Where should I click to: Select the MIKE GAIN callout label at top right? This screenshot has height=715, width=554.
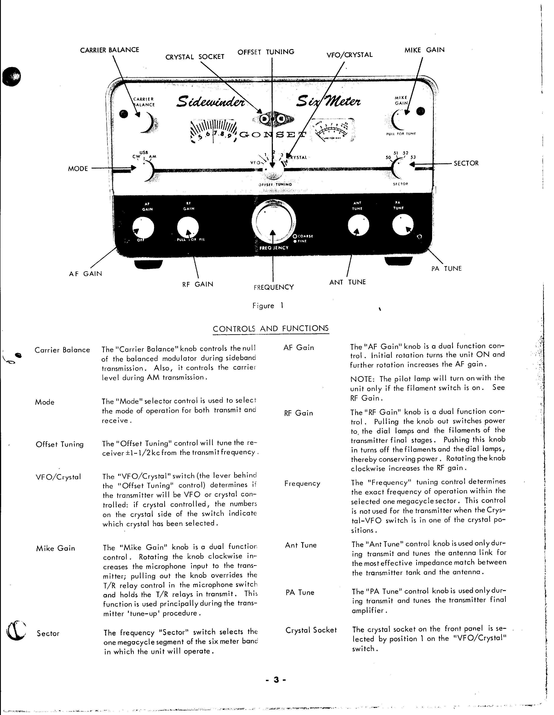point(424,50)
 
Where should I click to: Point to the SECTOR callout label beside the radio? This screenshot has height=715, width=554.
point(466,163)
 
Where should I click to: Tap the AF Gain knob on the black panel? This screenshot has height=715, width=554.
point(143,228)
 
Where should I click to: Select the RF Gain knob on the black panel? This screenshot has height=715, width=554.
point(188,228)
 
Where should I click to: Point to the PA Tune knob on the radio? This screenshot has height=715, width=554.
point(402,225)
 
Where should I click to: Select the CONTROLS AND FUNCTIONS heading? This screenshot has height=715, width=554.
point(270,329)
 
